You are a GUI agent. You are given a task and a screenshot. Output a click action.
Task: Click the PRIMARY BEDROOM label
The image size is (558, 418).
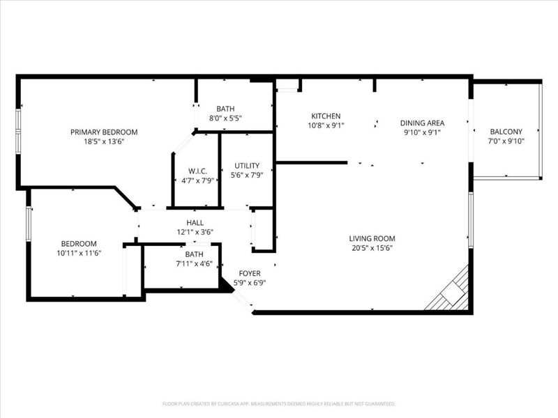[104, 132]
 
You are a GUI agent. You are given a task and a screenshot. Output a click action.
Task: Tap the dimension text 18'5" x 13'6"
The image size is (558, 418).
[104, 141]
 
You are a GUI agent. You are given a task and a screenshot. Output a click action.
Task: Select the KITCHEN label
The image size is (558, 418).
[326, 116]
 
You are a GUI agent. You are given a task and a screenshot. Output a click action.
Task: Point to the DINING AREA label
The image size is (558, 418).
[422, 123]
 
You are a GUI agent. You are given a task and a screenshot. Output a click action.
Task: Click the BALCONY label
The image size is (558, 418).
[506, 132]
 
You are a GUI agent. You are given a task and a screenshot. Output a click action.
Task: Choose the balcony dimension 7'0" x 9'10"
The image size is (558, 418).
[506, 141]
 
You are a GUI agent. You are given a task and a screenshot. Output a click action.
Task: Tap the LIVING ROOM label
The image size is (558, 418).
[377, 238]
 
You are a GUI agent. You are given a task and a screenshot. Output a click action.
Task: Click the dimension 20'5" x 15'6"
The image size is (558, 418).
[377, 248]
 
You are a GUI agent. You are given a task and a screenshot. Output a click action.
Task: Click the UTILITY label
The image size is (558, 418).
[247, 165]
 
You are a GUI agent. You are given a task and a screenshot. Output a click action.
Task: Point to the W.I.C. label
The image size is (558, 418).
[197, 171]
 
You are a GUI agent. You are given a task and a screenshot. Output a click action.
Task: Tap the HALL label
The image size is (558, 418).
[195, 222]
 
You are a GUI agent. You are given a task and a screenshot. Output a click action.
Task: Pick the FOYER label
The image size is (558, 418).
[250, 273]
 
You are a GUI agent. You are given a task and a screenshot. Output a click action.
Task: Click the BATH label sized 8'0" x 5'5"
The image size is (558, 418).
[225, 109]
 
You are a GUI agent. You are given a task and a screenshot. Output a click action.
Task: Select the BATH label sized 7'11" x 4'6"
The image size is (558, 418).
[194, 254]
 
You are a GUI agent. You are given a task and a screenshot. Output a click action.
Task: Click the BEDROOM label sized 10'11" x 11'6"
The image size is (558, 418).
[78, 243]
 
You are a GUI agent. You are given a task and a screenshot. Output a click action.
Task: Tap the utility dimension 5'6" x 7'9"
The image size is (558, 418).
[247, 175]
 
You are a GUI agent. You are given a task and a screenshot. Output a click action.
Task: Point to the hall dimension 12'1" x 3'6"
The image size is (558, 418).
[195, 232]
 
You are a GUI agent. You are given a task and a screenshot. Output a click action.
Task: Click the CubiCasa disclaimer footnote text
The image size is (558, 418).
[279, 403]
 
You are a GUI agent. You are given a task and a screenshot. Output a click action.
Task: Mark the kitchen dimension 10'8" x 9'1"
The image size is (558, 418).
[326, 125]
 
